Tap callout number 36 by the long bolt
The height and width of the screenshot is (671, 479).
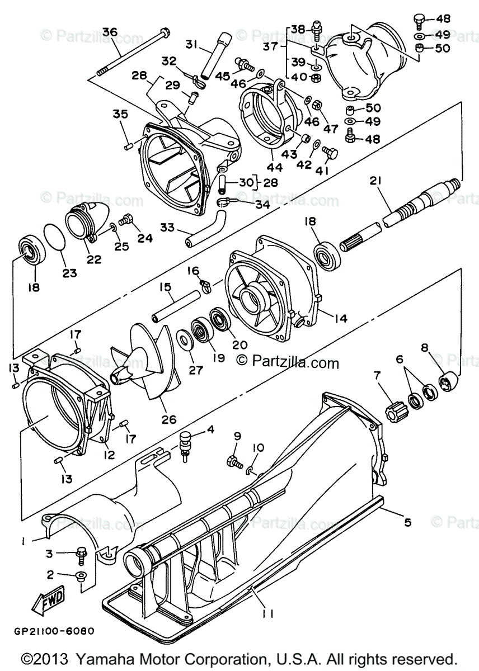click(110, 32)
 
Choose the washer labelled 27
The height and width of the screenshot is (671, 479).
click(182, 339)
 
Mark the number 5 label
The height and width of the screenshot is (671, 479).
click(407, 522)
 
